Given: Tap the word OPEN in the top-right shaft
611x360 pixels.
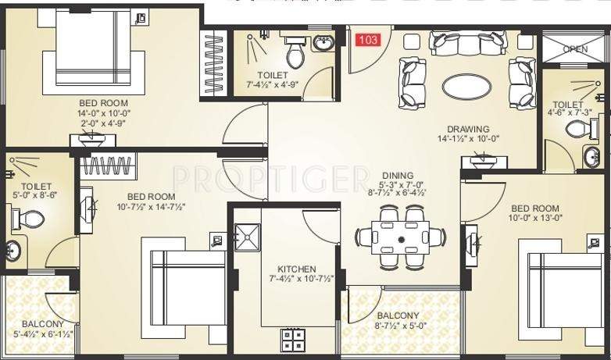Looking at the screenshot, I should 575,49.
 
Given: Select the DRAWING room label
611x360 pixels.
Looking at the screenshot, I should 468,130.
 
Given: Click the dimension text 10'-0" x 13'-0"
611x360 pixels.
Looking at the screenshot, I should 535,219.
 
